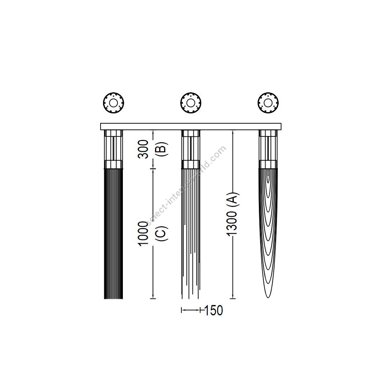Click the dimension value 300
tap(143, 149)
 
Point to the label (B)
tap(162, 149)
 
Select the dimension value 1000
tap(143, 234)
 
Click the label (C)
tap(162, 234)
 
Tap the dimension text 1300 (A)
tap(232, 214)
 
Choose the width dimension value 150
tap(213, 310)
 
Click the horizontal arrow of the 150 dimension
tap(191, 310)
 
